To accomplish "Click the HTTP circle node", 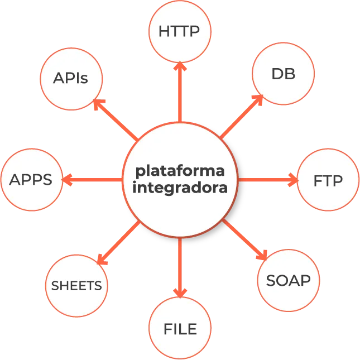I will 179,31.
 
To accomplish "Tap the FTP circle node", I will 328,180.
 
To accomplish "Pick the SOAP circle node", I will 288,280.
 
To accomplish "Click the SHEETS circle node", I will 76,286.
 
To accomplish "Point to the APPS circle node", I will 31,180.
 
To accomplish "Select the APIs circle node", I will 71,79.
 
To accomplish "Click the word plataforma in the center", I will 180,169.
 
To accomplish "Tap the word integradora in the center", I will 180,188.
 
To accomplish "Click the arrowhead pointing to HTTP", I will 179,67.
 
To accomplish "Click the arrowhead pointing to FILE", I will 179,292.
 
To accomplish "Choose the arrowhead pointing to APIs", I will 99,104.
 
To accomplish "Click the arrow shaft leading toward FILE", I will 179,262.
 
